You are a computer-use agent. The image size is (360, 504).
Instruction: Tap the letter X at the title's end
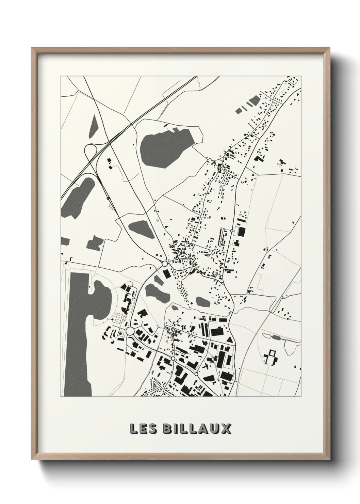(226, 429)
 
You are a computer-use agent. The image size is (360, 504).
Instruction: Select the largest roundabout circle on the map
(130, 331)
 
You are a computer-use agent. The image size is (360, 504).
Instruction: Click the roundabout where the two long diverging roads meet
(165, 264)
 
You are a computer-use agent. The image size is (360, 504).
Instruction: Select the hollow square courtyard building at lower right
(272, 358)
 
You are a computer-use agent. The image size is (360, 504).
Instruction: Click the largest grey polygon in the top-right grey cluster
(253, 100)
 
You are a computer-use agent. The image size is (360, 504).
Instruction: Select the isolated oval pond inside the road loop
(202, 301)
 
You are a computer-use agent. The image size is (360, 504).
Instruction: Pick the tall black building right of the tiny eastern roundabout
(242, 232)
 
